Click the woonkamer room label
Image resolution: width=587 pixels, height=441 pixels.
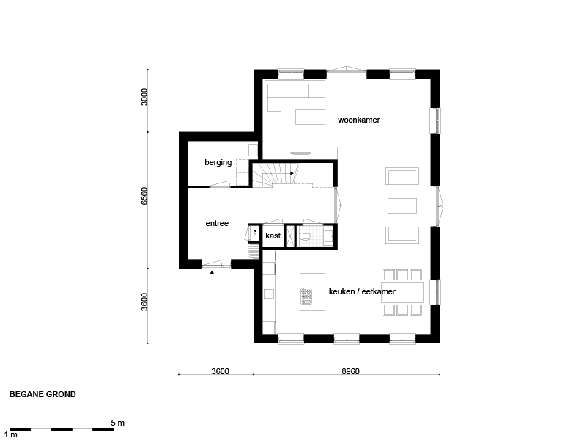(358, 120)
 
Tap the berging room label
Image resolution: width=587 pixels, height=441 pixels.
(218, 162)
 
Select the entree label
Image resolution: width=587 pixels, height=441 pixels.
(217, 224)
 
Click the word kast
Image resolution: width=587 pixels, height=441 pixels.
(273, 236)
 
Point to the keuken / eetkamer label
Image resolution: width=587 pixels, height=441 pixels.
(362, 291)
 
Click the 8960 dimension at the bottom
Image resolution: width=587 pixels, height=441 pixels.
(350, 371)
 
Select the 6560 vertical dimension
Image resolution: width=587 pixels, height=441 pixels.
(144, 196)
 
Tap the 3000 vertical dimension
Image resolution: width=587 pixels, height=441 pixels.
(144, 97)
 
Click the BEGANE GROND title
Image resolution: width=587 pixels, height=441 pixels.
(43, 394)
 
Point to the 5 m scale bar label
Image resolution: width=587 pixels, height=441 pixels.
(117, 423)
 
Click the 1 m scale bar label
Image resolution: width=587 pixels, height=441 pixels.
(11, 434)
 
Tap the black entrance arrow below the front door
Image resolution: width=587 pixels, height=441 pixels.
(212, 273)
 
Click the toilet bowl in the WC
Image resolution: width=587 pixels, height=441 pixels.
(306, 236)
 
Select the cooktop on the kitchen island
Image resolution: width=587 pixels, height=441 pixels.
(306, 296)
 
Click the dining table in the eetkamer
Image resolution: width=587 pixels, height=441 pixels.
(402, 292)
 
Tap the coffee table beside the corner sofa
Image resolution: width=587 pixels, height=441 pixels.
(310, 117)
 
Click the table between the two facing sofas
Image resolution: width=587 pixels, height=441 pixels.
(402, 205)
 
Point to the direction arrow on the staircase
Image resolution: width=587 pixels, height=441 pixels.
(292, 173)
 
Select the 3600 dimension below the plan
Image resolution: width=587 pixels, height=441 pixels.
(220, 371)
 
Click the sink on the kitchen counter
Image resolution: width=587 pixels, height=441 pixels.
(268, 294)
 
